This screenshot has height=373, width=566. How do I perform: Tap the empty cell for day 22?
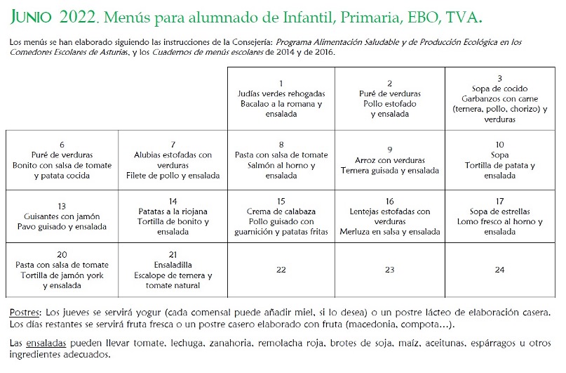281,270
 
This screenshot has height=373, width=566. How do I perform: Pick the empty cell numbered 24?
499,270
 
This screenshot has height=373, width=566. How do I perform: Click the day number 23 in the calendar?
390,270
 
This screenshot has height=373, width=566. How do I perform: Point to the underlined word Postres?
25,312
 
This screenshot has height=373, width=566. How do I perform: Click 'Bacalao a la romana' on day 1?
277,104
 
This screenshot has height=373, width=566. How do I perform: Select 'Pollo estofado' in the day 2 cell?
390,104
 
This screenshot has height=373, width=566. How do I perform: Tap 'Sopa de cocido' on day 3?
499,89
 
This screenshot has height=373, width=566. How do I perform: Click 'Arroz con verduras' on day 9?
390,160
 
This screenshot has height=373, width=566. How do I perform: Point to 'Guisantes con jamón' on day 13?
62,216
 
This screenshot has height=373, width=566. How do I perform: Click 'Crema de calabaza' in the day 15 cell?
281,211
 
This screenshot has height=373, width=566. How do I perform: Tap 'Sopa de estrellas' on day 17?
499,211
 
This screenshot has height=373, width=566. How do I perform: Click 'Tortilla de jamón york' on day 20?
62,275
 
